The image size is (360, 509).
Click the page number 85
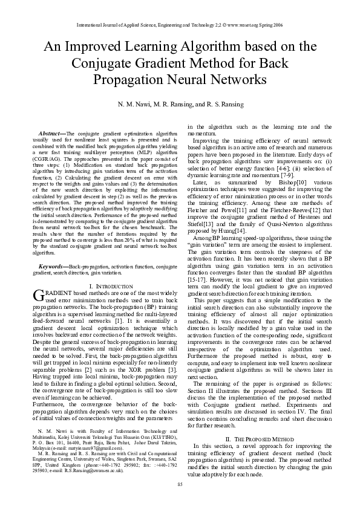(x=180, y=484)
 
